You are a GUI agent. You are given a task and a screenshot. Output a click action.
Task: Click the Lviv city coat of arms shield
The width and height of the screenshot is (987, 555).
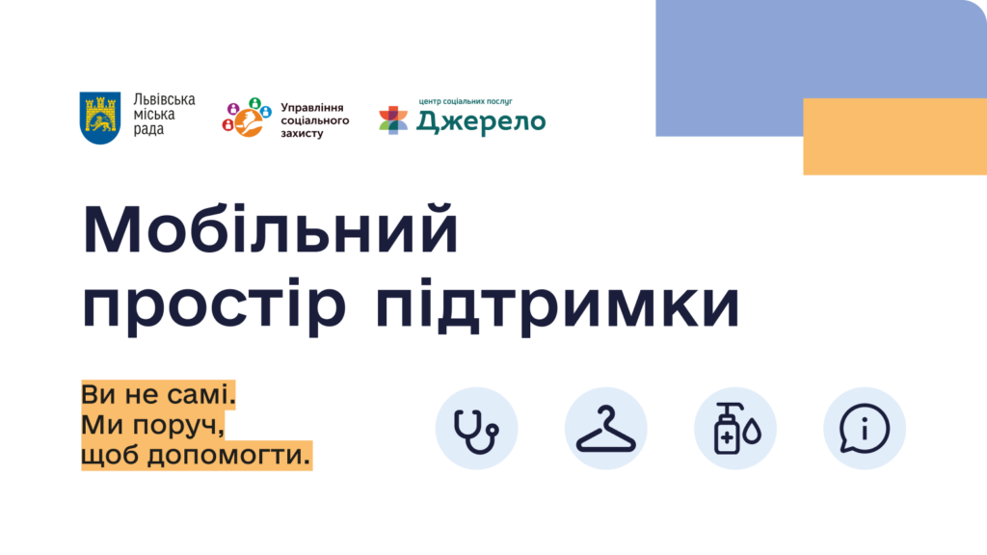(x=100, y=118)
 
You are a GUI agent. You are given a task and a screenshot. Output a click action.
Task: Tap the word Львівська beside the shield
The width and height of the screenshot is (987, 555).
(x=164, y=100)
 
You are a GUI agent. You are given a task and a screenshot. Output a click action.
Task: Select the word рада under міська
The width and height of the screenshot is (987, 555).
(x=148, y=130)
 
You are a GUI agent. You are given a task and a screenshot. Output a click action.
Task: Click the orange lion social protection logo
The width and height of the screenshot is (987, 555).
(x=247, y=118)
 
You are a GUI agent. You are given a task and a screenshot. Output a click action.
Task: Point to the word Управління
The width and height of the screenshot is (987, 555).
(x=312, y=108)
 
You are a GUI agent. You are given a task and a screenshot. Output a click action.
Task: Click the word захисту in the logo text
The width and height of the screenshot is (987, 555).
(x=302, y=133)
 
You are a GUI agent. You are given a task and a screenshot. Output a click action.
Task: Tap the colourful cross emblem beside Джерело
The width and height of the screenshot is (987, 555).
(x=393, y=120)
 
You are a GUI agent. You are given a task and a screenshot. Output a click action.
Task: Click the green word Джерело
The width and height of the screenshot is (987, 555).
(x=481, y=122)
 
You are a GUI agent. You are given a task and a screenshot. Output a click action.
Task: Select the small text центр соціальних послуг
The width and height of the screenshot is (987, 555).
(x=466, y=101)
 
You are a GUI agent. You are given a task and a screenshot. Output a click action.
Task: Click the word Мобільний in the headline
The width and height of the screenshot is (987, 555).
(x=271, y=229)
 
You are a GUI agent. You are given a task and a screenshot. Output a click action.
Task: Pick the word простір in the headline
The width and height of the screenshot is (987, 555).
(x=215, y=305)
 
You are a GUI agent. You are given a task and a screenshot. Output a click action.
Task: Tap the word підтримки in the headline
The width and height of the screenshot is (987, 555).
(x=557, y=305)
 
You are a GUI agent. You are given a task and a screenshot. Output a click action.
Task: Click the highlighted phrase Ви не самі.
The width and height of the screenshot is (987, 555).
(x=159, y=395)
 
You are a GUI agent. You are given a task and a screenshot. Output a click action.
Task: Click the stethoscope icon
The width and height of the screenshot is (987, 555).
(x=476, y=429)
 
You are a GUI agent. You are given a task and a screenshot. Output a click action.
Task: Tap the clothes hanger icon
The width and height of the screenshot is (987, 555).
(x=606, y=429)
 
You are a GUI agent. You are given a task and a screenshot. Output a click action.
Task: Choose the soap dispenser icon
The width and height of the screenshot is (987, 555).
(x=735, y=429)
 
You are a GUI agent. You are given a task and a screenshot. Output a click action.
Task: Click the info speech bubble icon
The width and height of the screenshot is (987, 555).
(x=865, y=429)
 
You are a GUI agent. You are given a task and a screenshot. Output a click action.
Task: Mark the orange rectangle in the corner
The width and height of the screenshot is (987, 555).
(x=895, y=137)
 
